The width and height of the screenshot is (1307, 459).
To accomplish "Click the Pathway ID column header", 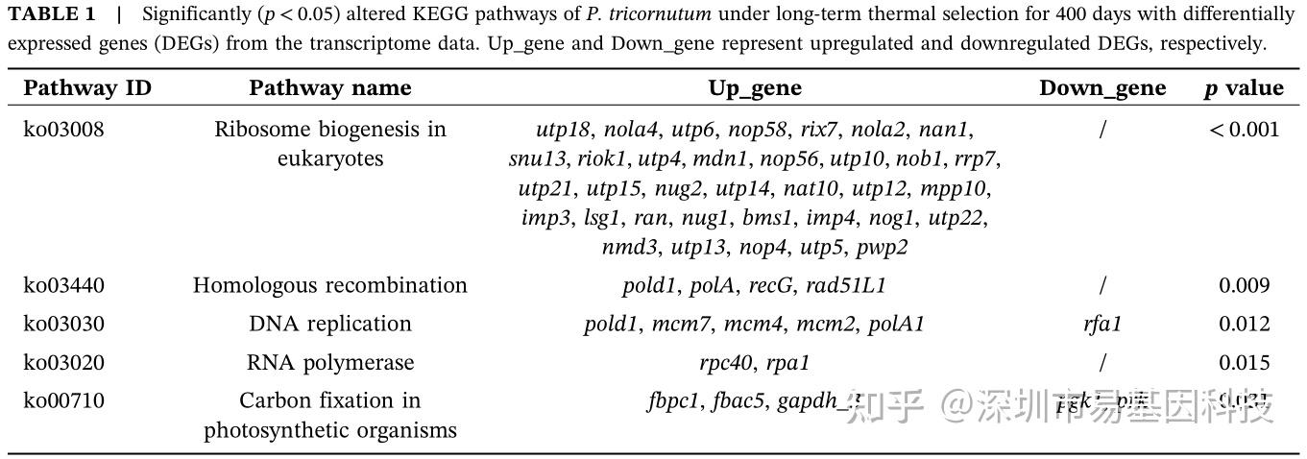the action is [87, 88].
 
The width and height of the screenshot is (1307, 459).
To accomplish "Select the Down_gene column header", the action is [1102, 88].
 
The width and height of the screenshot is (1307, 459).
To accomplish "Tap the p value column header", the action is [1244, 88].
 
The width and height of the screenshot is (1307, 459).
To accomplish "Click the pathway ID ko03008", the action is [63, 129].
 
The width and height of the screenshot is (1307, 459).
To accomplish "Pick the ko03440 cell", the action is [63, 285].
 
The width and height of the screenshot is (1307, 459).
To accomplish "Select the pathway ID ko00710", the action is [63, 400].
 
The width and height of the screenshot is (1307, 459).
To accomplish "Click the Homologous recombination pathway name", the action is [329, 285].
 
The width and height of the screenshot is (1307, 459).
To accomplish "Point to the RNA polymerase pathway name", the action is [329, 362].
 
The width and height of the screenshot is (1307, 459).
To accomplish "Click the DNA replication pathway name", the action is [329, 324].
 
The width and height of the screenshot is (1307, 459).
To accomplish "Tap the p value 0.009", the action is [1244, 285].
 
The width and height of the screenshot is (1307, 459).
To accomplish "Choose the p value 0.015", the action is [1244, 362].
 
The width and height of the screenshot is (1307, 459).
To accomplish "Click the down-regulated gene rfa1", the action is [1101, 324].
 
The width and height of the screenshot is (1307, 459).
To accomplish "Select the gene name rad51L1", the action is [846, 285].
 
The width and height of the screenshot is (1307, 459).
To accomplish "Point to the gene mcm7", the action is [680, 324].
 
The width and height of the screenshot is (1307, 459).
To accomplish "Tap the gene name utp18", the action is [563, 129].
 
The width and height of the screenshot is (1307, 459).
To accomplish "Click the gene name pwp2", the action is [882, 247].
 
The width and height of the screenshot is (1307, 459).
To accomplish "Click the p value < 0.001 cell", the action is [1244, 129].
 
